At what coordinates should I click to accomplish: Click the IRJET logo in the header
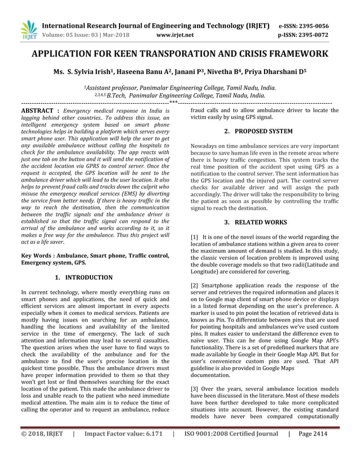coord(28,30)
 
